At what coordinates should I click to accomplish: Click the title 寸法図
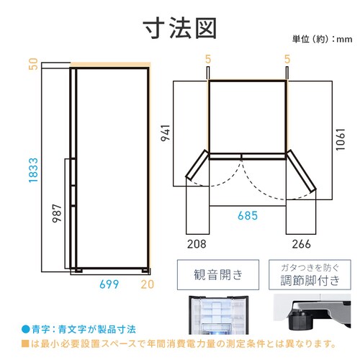click(x=180, y=28)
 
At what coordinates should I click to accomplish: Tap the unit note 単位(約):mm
click(x=322, y=39)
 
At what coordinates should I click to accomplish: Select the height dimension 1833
click(x=33, y=170)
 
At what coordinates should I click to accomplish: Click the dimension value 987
click(x=57, y=213)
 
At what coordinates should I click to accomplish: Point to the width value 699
click(x=109, y=284)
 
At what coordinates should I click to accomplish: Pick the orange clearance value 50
click(x=33, y=64)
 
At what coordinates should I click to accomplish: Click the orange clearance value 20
click(x=148, y=284)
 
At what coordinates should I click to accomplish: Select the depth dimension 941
click(x=166, y=132)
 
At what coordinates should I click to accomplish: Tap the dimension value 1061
click(x=341, y=140)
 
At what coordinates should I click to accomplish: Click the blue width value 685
click(x=248, y=215)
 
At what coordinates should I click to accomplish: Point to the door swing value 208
click(x=197, y=244)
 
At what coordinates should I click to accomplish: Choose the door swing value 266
click(x=301, y=244)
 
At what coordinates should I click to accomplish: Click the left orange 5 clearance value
click(x=208, y=59)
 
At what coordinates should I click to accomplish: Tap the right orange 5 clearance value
click(x=287, y=59)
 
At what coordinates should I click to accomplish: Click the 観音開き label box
click(x=218, y=275)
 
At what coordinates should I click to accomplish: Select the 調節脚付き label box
click(x=310, y=275)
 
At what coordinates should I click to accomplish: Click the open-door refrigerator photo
click(x=218, y=315)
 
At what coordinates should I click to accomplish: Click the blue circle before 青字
click(x=25, y=329)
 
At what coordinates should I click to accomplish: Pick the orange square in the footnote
click(x=25, y=343)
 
